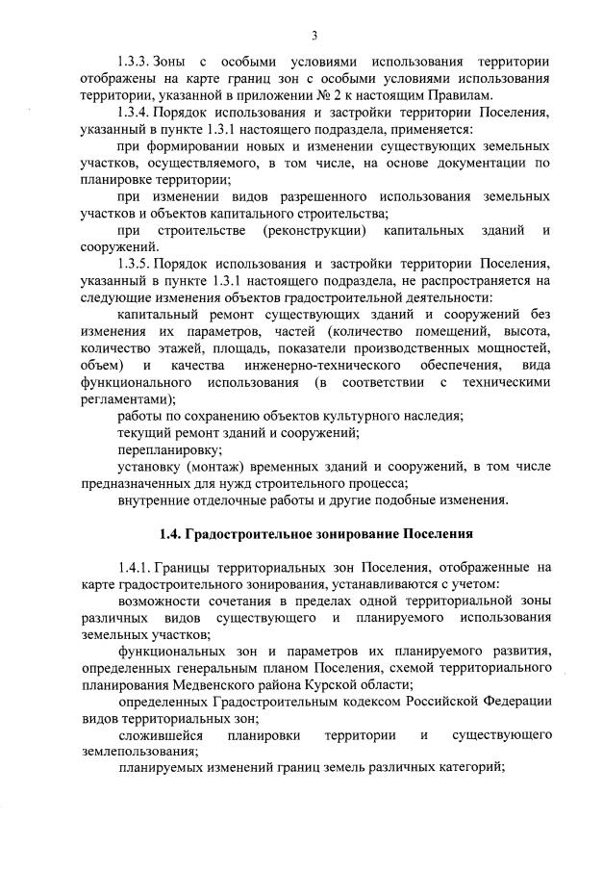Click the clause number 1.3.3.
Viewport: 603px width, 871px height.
click(x=137, y=62)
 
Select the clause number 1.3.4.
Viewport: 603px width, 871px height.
click(x=137, y=113)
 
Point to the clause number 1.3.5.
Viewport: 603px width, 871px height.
click(x=137, y=264)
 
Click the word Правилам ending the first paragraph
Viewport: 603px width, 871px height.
click(x=457, y=95)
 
